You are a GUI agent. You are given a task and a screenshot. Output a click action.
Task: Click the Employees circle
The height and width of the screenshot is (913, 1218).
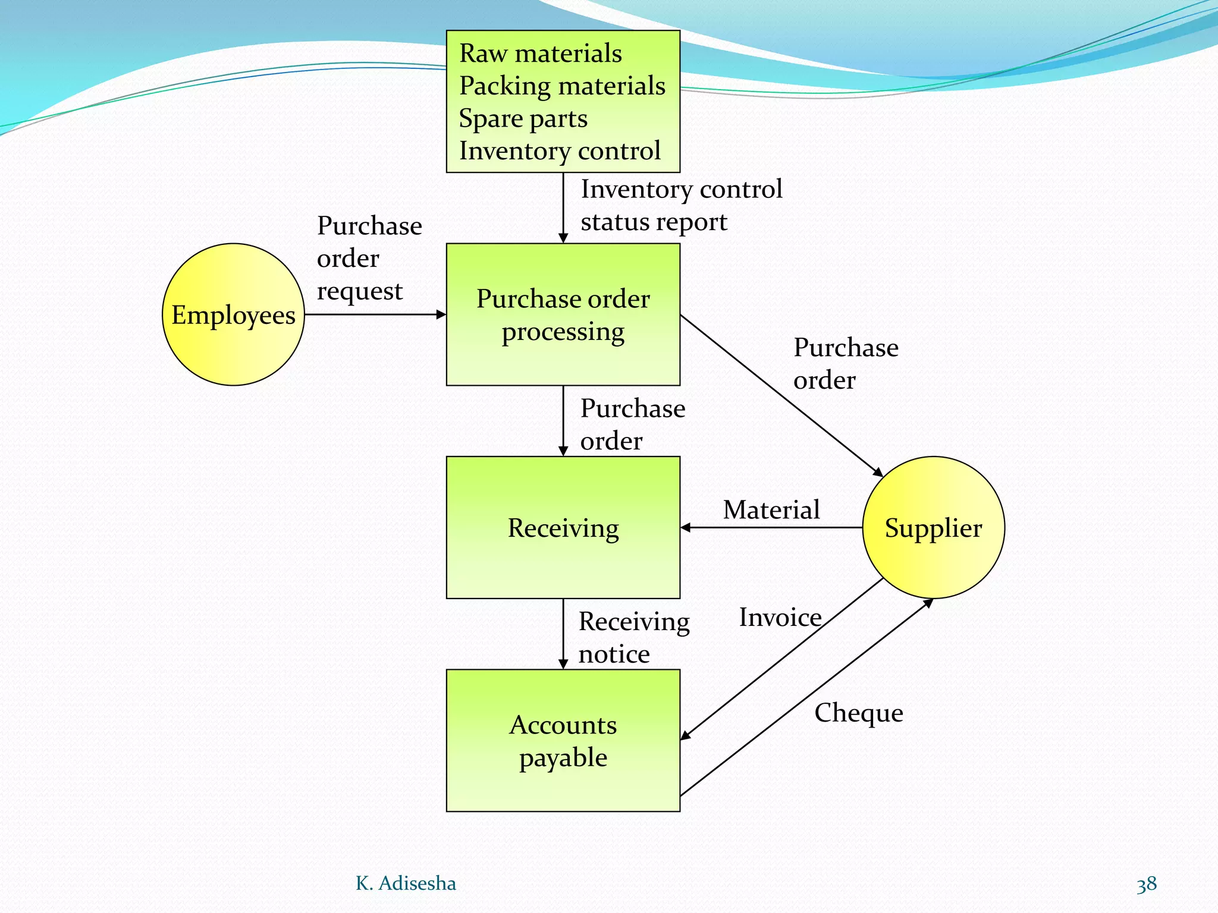pos(233,314)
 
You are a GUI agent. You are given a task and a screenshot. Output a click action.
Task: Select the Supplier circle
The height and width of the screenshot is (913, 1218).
pos(933,527)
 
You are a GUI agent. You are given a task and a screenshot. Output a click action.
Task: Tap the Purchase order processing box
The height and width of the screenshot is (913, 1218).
pos(563,314)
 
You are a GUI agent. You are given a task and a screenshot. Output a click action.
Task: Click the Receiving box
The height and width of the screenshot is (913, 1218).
pos(563,528)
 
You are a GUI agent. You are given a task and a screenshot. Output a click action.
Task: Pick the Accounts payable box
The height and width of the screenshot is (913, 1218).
pos(563,741)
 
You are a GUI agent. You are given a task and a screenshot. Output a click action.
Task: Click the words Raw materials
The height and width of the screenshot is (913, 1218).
pos(540,53)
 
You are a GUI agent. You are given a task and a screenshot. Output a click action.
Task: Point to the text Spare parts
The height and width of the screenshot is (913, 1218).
pos(523,118)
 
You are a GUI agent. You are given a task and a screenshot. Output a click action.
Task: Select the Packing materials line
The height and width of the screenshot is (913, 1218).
pos(562,86)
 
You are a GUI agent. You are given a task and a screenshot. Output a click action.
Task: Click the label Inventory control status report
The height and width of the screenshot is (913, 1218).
pos(681,206)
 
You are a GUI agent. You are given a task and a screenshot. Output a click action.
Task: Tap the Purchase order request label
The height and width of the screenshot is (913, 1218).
pos(369,258)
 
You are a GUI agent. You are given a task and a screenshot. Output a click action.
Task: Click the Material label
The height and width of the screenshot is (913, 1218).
pos(771,510)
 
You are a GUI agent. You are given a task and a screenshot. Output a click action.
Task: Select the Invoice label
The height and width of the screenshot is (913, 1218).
pos(780,618)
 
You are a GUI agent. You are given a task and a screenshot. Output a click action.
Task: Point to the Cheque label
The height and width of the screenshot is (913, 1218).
pos(858,713)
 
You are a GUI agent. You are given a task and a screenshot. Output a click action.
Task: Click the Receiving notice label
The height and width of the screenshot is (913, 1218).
pos(633,638)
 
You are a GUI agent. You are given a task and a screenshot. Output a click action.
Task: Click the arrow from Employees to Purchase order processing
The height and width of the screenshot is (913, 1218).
pos(375,314)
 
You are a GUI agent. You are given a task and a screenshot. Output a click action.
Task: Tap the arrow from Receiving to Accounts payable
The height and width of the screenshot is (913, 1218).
pos(563,634)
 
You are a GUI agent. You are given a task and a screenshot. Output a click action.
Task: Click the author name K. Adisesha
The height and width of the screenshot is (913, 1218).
pos(406,883)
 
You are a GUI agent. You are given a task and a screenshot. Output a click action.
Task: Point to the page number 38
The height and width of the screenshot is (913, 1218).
pos(1146,884)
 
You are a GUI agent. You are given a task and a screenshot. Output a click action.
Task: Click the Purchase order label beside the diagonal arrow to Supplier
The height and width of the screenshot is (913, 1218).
pos(845,364)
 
